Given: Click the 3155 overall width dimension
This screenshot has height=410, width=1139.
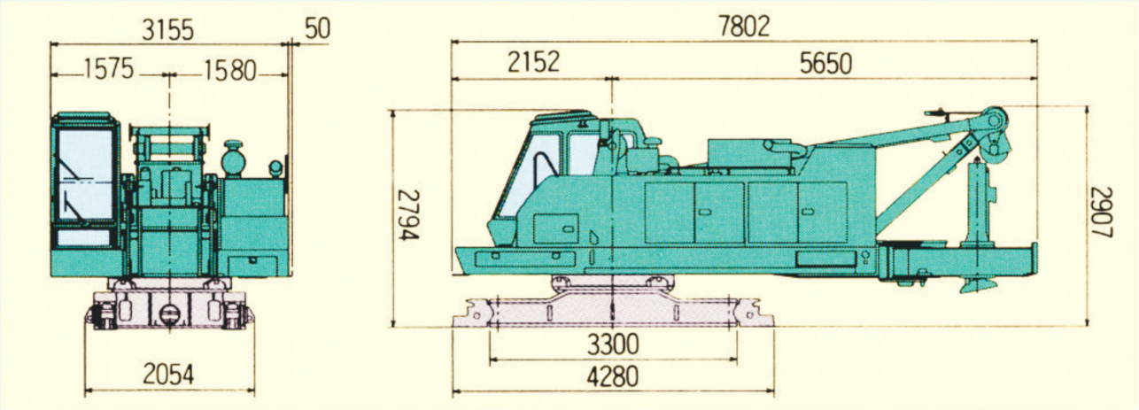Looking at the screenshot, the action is pos(167,29).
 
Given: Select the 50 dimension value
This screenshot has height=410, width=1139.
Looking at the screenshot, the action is pos(318,28).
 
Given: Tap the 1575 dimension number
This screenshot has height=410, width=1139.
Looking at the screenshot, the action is pos(108,69).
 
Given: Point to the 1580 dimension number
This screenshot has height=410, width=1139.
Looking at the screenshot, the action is pos(230,71).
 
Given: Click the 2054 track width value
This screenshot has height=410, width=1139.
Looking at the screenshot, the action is pos(168,375).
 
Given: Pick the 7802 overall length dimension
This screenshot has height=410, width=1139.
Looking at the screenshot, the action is pos(744,26).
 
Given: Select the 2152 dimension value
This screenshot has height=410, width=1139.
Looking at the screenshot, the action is pos(533,62).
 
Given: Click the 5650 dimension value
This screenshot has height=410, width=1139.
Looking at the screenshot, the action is pos(825,64).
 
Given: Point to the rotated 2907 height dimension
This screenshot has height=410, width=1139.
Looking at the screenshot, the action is pos(1102,213).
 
